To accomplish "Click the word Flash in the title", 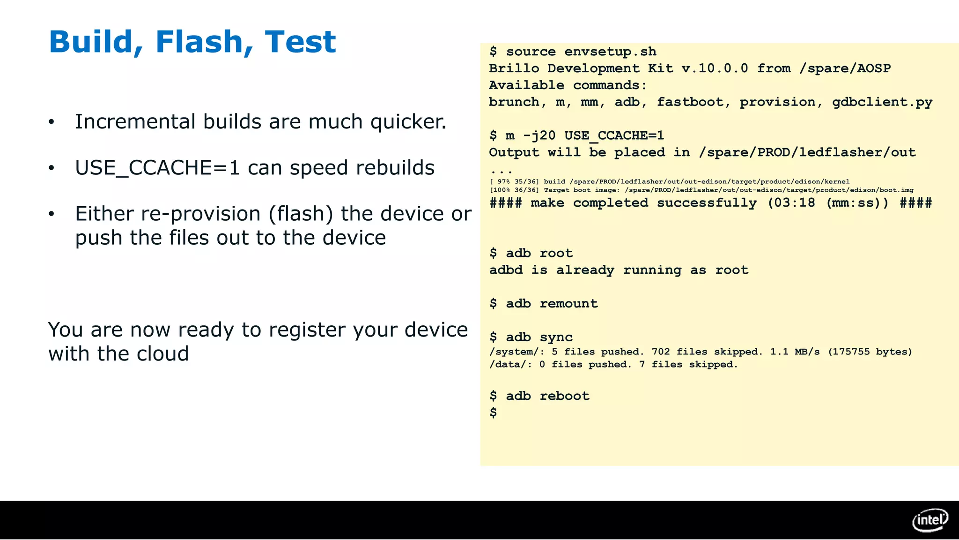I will (x=199, y=42).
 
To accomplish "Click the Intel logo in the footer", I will (x=930, y=520).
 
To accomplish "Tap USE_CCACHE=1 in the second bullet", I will (x=157, y=168).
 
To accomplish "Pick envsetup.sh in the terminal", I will (x=610, y=52).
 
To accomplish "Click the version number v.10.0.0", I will (x=715, y=68).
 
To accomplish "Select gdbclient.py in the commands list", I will (x=882, y=102).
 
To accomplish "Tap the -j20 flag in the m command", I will (x=539, y=136).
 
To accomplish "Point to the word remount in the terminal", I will (x=568, y=304).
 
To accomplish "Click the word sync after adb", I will (x=556, y=337).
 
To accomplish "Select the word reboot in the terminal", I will (x=564, y=396).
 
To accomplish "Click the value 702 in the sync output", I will (x=661, y=352).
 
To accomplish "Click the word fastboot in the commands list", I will (x=690, y=102).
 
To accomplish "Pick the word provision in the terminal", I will (x=777, y=102).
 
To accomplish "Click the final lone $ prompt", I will (x=493, y=413).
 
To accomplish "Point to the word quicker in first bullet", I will (x=408, y=122).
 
